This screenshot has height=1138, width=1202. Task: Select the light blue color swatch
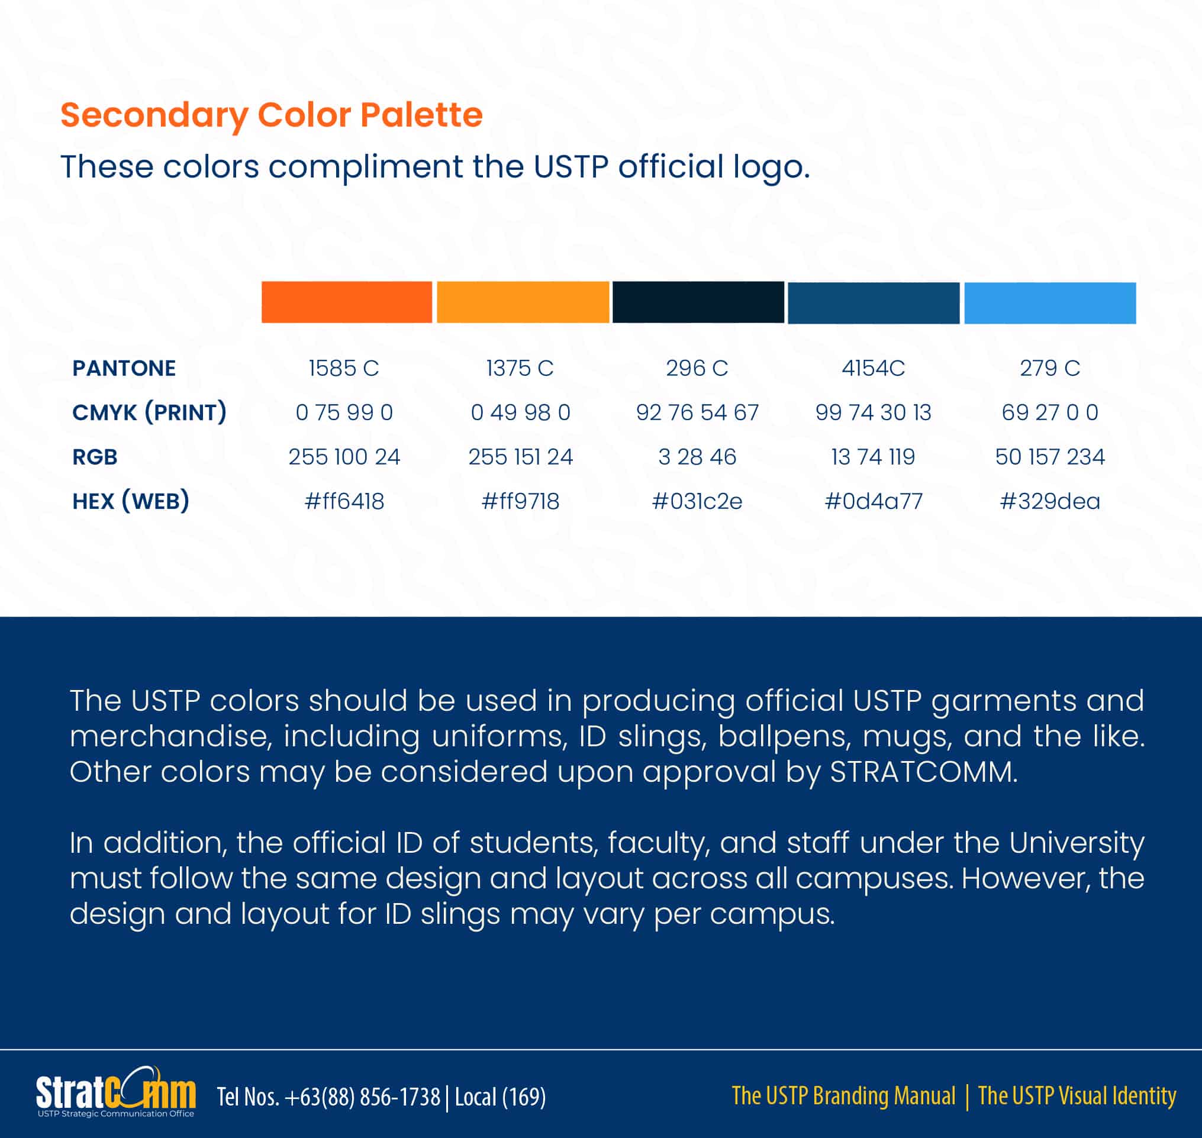pos(1050,303)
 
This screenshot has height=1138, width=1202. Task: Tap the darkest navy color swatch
pos(698,302)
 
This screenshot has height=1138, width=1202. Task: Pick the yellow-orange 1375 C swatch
pos(523,302)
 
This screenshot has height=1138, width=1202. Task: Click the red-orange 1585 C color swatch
pos(346,302)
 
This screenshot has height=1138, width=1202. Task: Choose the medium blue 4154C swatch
pos(873,303)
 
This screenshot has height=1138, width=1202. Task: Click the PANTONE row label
pos(124,368)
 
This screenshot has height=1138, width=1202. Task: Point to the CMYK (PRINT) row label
pos(149,412)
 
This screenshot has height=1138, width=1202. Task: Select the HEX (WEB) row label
pos(130,501)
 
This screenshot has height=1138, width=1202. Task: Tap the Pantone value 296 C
pos(697,368)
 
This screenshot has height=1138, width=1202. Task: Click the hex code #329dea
pos(1050,501)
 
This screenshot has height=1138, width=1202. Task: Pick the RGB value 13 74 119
pos(872,457)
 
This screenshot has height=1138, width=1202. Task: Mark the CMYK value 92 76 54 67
pos(697,412)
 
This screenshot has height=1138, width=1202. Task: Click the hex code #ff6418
pos(344,501)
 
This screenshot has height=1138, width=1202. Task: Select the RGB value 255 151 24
pos(520,457)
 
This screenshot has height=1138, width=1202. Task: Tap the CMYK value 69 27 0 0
pos(1050,412)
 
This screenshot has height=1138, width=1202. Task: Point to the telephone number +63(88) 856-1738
pos(362,1097)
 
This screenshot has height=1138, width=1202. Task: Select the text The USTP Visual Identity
pos(1077,1095)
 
